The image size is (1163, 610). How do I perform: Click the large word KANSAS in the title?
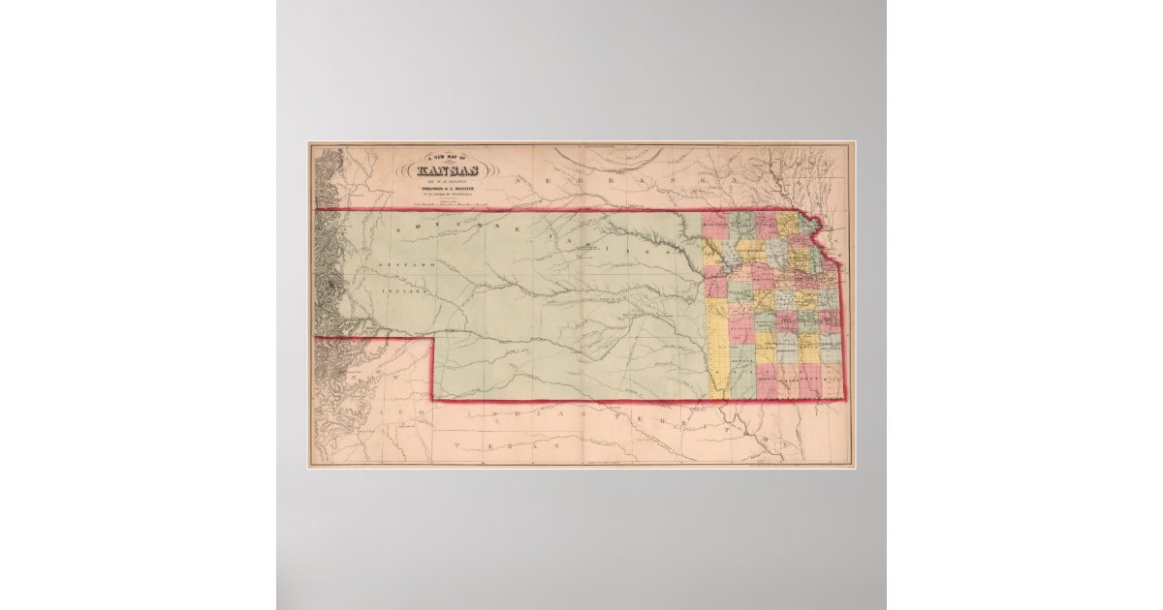pyautogui.click(x=454, y=173)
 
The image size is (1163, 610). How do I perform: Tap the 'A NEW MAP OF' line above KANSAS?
pyautogui.click(x=454, y=158)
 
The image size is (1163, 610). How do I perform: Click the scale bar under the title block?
pyautogui.click(x=454, y=205)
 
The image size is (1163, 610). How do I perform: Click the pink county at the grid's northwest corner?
pyautogui.click(x=715, y=225)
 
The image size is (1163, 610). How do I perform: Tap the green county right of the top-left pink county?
pyautogui.click(x=741, y=225)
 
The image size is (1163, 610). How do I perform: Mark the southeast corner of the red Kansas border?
pyautogui.click(x=844, y=399)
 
